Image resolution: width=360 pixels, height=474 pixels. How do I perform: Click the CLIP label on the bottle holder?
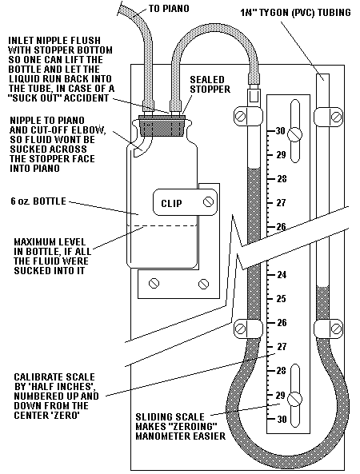171,203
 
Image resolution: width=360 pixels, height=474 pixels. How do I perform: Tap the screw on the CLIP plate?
208,201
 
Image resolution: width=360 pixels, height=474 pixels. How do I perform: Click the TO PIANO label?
169,8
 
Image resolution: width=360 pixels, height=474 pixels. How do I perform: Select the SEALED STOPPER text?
210,85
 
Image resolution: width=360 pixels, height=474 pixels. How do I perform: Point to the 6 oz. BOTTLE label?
38,201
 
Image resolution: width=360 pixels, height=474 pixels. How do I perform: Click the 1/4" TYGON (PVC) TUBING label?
295,13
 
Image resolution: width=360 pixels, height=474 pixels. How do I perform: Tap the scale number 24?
281,274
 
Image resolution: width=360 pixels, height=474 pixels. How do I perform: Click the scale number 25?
281,298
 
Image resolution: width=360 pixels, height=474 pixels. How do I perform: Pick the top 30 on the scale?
280,130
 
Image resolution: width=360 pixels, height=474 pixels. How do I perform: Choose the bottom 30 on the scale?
282,419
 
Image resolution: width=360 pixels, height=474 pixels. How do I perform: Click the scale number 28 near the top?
282,179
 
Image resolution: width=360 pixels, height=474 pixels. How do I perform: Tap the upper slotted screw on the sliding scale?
294,134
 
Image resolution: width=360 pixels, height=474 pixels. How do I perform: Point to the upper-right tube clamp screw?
337,117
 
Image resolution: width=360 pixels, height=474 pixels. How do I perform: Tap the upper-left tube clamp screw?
241,117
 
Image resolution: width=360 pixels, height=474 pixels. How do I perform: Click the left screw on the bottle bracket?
154,283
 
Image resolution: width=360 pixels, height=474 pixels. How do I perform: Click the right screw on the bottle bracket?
203,284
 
